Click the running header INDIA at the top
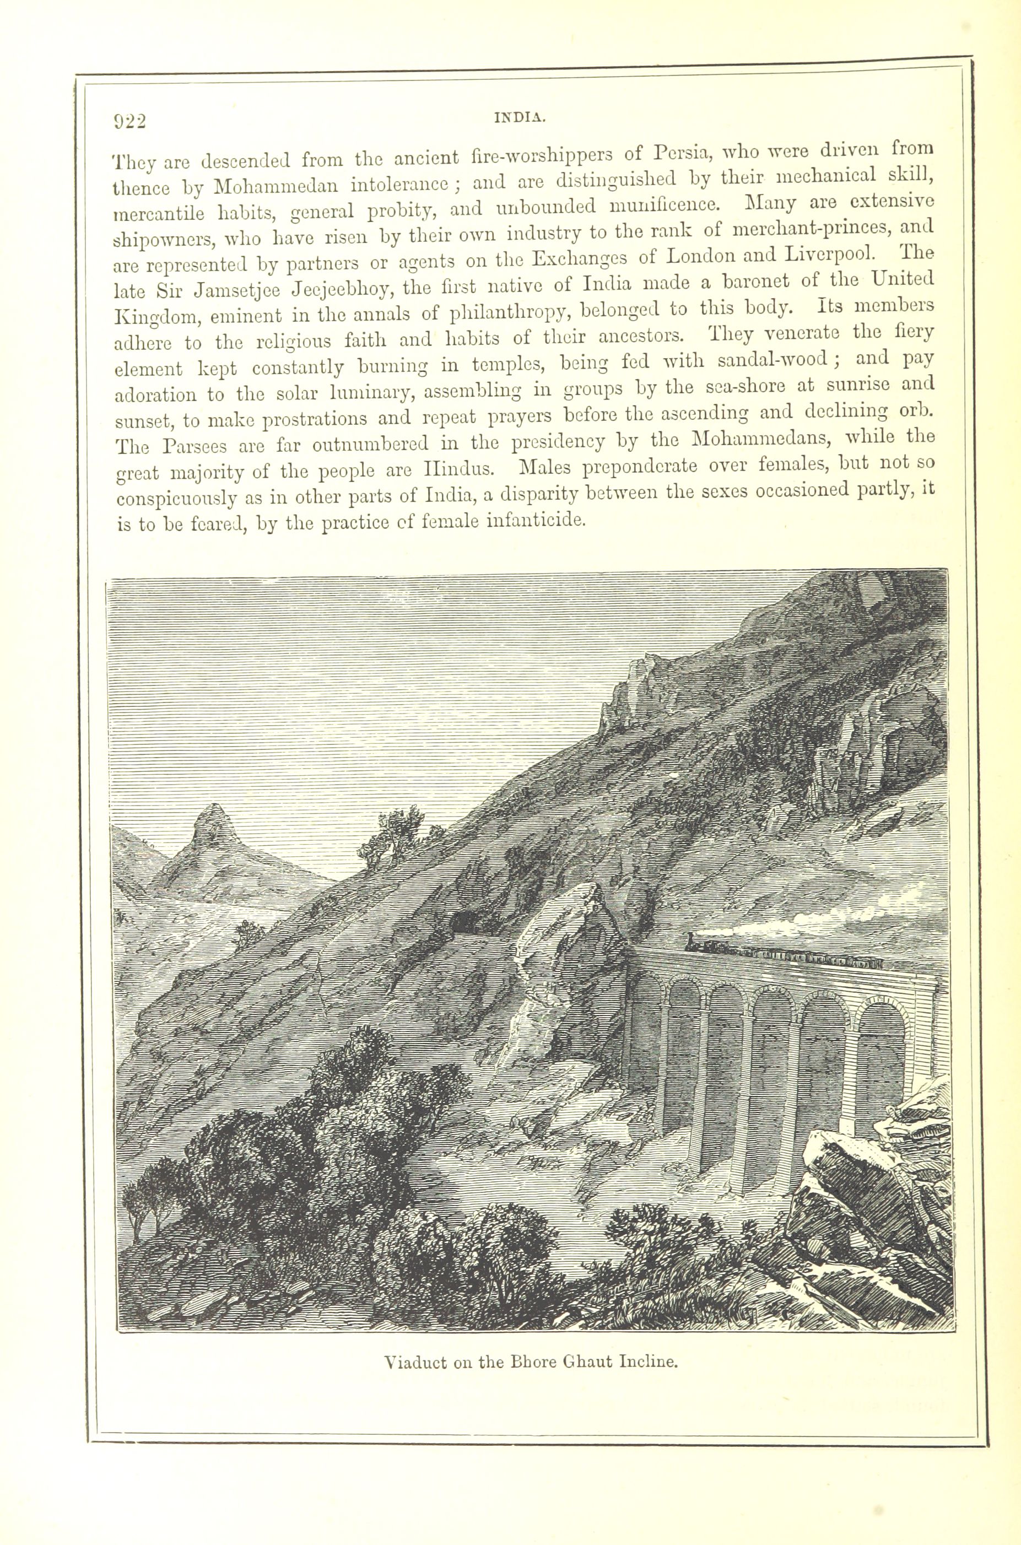(x=519, y=118)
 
